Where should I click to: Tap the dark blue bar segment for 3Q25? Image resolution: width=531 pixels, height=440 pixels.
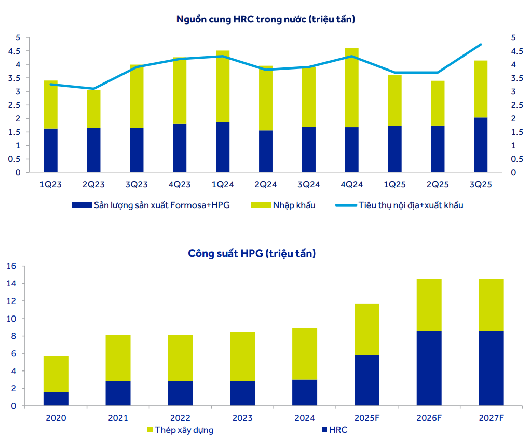click(481, 145)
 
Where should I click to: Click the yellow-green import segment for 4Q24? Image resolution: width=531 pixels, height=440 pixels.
click(351, 87)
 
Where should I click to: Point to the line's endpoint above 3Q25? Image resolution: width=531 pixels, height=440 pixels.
click(481, 45)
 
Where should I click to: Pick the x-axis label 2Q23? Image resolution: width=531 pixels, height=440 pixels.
click(93, 184)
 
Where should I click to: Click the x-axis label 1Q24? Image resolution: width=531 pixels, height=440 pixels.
click(222, 184)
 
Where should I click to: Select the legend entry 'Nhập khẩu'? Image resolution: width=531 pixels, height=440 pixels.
click(293, 205)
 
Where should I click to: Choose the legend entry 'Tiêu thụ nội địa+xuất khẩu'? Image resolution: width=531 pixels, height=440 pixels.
click(410, 205)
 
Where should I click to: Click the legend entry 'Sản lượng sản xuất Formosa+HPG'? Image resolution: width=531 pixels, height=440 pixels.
click(161, 205)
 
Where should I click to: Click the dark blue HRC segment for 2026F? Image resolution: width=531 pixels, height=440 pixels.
click(429, 368)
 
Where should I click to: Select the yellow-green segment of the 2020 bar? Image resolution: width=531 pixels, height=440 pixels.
click(56, 374)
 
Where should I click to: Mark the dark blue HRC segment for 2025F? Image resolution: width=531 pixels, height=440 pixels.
click(366, 380)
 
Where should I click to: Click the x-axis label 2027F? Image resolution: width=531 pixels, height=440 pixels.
click(491, 418)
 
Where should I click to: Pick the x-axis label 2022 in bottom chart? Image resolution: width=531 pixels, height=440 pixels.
click(180, 418)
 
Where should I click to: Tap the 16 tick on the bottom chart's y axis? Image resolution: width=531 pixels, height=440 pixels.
click(11, 266)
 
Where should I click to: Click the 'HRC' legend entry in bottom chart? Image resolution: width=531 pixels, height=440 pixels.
click(338, 430)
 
